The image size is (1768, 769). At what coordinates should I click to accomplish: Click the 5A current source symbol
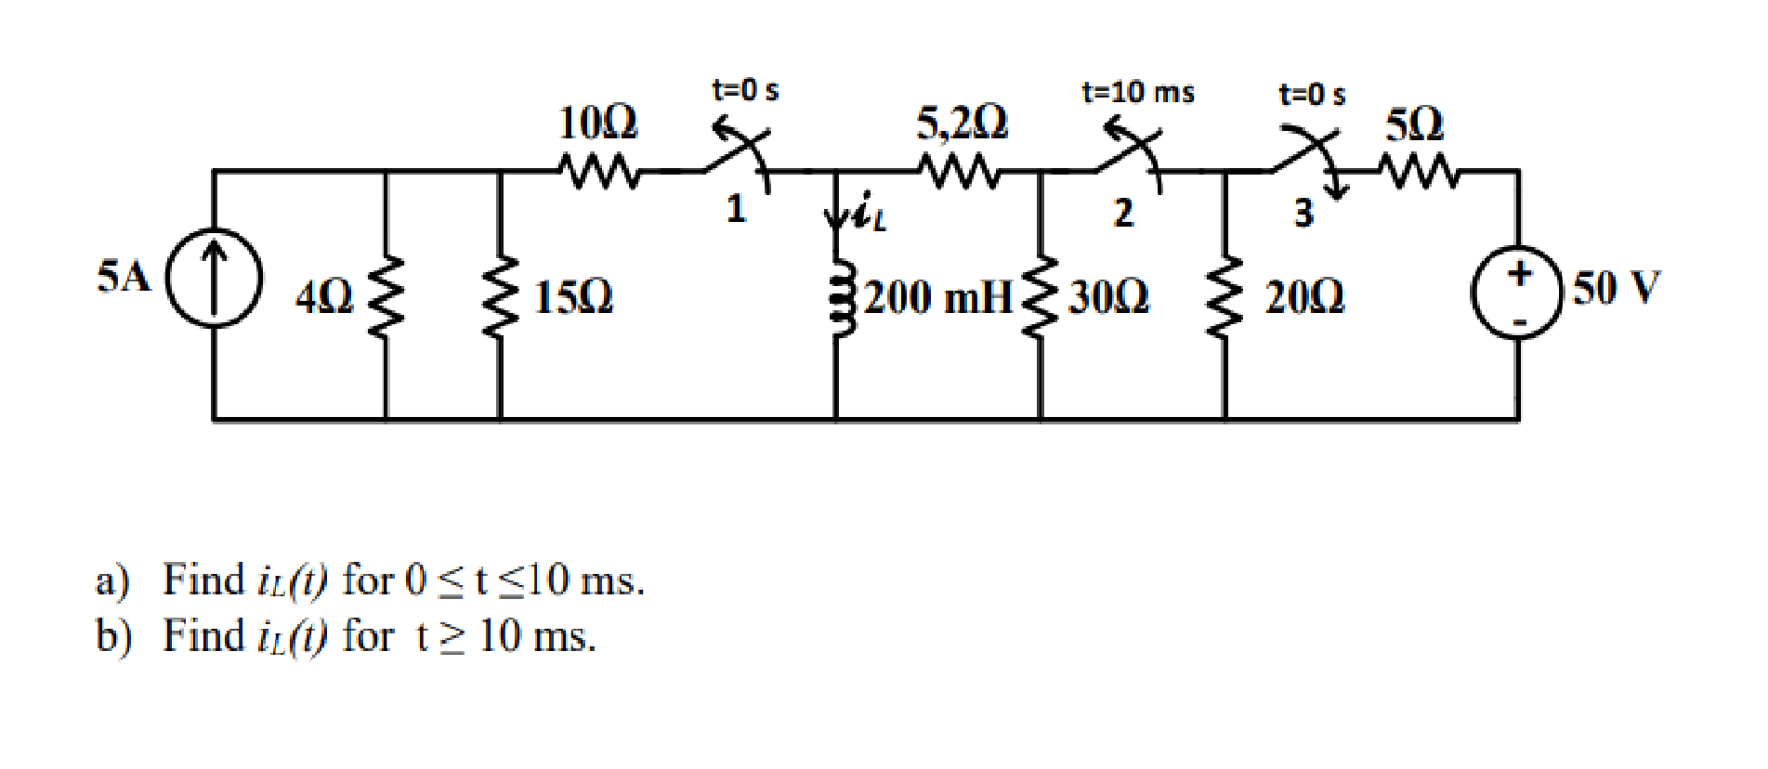tap(214, 278)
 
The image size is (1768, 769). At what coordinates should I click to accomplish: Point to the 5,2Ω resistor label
tap(962, 123)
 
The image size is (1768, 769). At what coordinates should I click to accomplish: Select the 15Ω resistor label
tap(573, 297)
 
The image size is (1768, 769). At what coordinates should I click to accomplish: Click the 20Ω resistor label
tap(1303, 297)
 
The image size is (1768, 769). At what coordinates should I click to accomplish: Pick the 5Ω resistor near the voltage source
tap(1420, 171)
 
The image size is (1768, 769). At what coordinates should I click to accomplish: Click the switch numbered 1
tap(739, 158)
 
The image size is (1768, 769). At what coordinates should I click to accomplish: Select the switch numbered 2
tap(1129, 158)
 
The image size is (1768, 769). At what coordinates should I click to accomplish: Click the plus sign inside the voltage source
tap(1519, 273)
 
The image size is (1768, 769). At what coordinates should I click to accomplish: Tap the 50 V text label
tap(1615, 288)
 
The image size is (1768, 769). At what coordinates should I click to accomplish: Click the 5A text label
tap(124, 277)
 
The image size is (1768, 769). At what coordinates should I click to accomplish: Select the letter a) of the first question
tap(111, 581)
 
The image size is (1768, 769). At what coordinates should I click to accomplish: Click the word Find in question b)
tap(203, 637)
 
